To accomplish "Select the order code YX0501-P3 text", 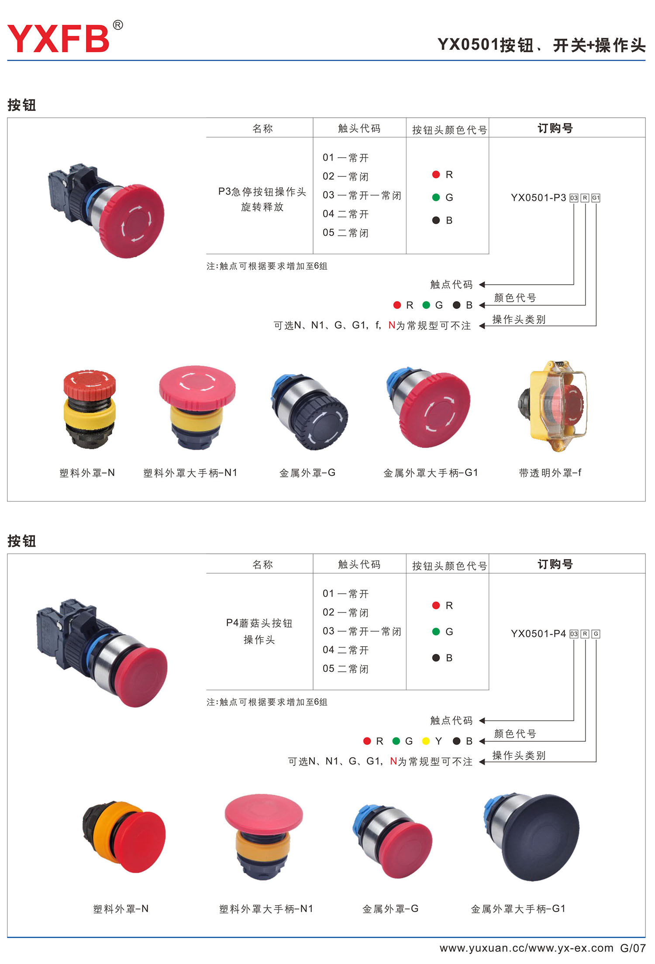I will (x=538, y=198).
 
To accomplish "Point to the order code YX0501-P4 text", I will (x=538, y=633).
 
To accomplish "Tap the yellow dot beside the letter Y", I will (x=426, y=741).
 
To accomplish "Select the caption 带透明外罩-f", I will (x=550, y=473).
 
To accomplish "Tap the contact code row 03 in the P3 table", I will (x=362, y=195).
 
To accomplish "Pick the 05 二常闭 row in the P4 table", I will (x=345, y=668).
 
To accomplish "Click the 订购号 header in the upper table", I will (x=555, y=128).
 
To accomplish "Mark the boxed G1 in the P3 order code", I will (x=596, y=198).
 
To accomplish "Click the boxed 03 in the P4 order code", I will (x=574, y=634).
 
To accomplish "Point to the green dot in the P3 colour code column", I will (x=436, y=197).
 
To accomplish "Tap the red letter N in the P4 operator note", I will (x=393, y=761).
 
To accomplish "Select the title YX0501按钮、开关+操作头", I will (x=541, y=45).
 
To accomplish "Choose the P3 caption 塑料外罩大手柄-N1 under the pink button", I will (x=190, y=473).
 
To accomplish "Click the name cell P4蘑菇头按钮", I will (x=259, y=623).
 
